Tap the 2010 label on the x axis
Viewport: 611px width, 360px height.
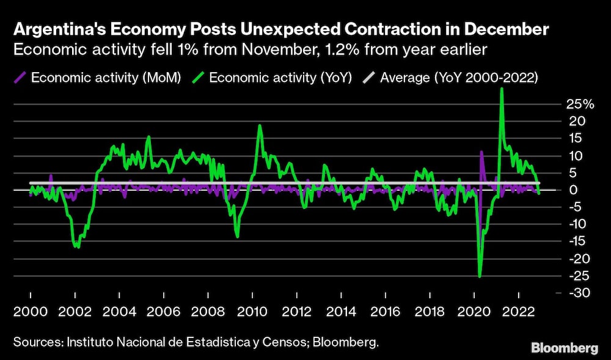click(251, 310)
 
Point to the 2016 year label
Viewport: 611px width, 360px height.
click(385, 310)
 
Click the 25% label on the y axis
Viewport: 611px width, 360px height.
click(579, 105)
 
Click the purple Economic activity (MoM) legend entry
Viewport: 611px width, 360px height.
click(98, 78)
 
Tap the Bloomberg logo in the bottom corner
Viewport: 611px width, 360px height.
click(565, 348)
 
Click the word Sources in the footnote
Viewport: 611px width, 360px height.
click(34, 342)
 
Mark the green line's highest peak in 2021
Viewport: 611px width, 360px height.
click(502, 89)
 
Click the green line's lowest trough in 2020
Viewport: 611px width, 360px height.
click(480, 277)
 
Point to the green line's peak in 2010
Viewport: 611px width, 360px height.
click(260, 125)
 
